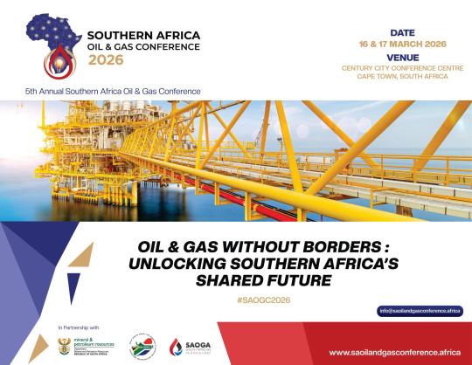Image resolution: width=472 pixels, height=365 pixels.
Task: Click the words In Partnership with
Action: click(79, 327)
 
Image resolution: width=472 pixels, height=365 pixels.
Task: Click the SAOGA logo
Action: click(196, 345)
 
